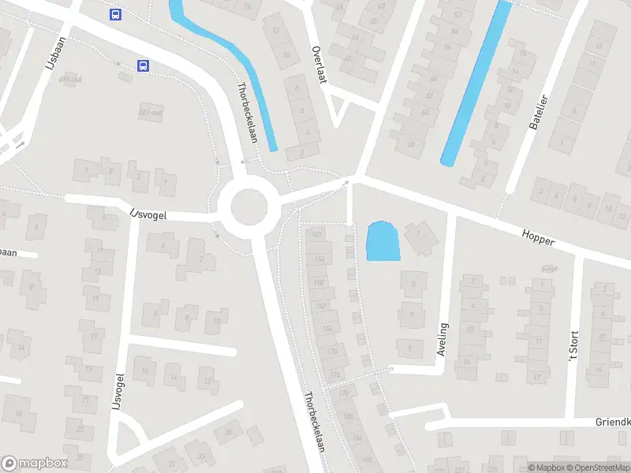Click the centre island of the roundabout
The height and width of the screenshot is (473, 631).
(x=248, y=207)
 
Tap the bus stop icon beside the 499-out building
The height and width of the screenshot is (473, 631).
(x=143, y=65)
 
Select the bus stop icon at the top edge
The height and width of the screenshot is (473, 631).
(x=116, y=13)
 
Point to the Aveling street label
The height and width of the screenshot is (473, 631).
(x=442, y=340)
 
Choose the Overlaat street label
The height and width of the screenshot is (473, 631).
(x=319, y=60)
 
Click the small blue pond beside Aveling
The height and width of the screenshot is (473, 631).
(x=383, y=241)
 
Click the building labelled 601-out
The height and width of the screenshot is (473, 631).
(x=149, y=111)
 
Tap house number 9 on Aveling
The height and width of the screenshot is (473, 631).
(x=409, y=345)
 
